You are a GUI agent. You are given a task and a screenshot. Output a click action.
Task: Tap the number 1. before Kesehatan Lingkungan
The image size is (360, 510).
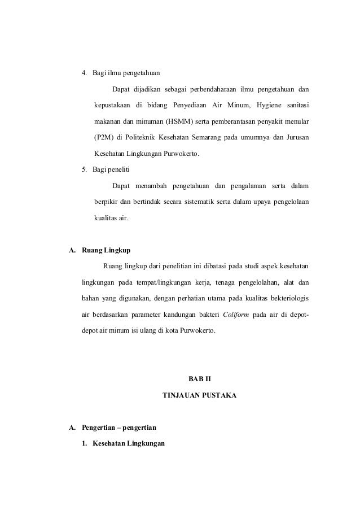85,443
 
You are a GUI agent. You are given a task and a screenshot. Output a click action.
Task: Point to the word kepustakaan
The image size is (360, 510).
113,105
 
